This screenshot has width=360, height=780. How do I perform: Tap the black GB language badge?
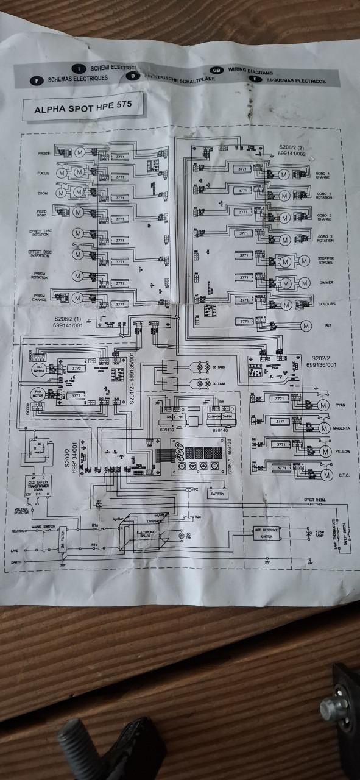(216, 71)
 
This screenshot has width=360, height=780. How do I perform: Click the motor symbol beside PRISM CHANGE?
(77, 298)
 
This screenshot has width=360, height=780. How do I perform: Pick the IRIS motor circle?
(305, 322)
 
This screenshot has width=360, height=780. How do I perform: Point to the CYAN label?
(341, 405)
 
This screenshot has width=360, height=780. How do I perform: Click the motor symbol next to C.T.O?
(326, 475)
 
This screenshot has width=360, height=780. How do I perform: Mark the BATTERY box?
(217, 494)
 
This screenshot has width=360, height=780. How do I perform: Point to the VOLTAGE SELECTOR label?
(22, 511)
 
